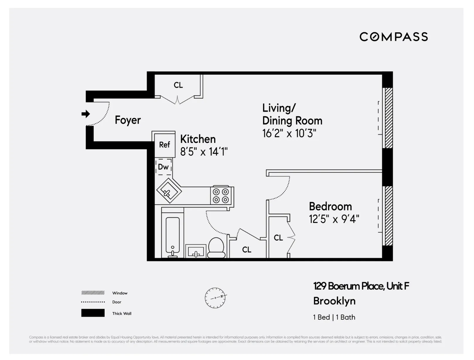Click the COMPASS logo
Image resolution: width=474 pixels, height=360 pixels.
[x=393, y=37]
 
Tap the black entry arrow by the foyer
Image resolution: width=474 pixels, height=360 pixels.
[x=86, y=114]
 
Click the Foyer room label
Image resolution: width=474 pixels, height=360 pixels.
[x=128, y=120]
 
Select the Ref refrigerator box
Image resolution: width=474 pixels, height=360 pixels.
[x=165, y=145]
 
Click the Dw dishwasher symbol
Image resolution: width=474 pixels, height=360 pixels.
[x=163, y=167]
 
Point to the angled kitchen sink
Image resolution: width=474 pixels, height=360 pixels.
[x=169, y=191]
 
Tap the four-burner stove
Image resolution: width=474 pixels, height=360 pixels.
[x=221, y=196]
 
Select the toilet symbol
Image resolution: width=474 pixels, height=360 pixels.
[x=216, y=248]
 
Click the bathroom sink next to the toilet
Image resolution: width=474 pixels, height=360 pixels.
[x=196, y=251]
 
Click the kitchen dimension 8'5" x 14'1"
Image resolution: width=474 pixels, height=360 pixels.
[x=204, y=152]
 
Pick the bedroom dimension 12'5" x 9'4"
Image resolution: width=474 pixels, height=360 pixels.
[x=334, y=219]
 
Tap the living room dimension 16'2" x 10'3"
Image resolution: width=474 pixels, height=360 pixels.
[x=289, y=133]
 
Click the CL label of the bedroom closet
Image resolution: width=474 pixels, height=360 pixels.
[x=278, y=238]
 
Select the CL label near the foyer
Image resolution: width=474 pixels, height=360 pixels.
[x=178, y=85]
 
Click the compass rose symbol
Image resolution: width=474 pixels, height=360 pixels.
[x=215, y=298]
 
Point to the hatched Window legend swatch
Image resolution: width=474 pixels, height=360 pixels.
[x=93, y=293]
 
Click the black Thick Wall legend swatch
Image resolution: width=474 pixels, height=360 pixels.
[x=93, y=313]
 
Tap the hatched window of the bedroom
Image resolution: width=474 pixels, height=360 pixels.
[x=388, y=216]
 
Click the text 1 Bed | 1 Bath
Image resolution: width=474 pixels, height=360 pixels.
[x=334, y=317]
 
